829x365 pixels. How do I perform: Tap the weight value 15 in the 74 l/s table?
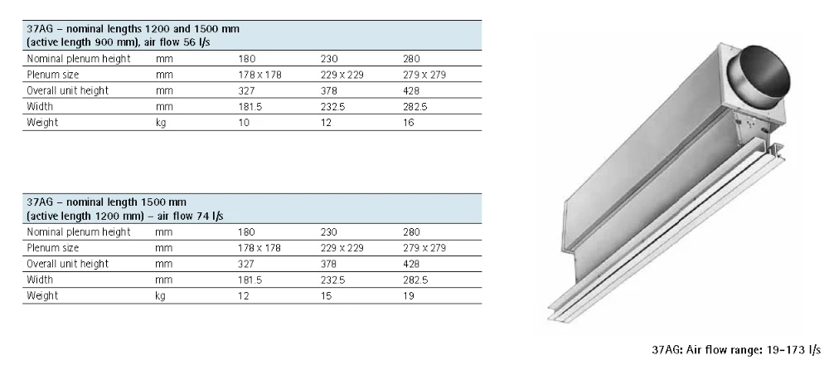pyautogui.click(x=326, y=294)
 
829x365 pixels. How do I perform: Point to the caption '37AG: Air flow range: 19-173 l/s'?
pyautogui.click(x=735, y=349)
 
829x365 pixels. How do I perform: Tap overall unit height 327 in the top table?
pyautogui.click(x=246, y=90)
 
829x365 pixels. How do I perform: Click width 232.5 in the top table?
pyautogui.click(x=332, y=105)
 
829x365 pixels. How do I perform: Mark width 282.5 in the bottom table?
pyautogui.click(x=415, y=280)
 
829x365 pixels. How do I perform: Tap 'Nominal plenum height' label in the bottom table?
pyautogui.click(x=79, y=232)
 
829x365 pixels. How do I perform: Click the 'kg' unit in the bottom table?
pyautogui.click(x=161, y=294)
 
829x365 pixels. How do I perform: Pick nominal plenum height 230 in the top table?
pyautogui.click(x=328, y=59)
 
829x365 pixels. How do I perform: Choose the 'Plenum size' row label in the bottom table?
pyautogui.click(x=54, y=248)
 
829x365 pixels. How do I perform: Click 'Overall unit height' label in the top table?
pyautogui.click(x=68, y=90)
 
